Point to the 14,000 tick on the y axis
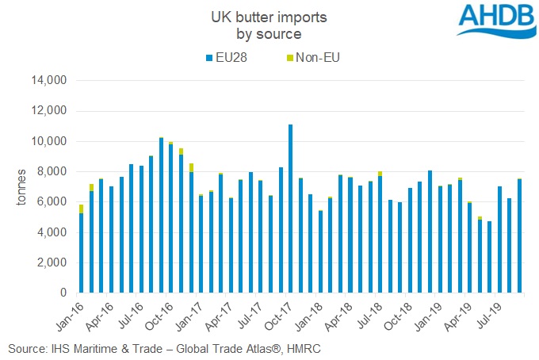[52, 81]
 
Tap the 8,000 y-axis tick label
[55, 172]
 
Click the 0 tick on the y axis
[67, 293]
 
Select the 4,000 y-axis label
[55, 232]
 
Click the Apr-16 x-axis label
[101, 316]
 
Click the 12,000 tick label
[52, 111]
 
